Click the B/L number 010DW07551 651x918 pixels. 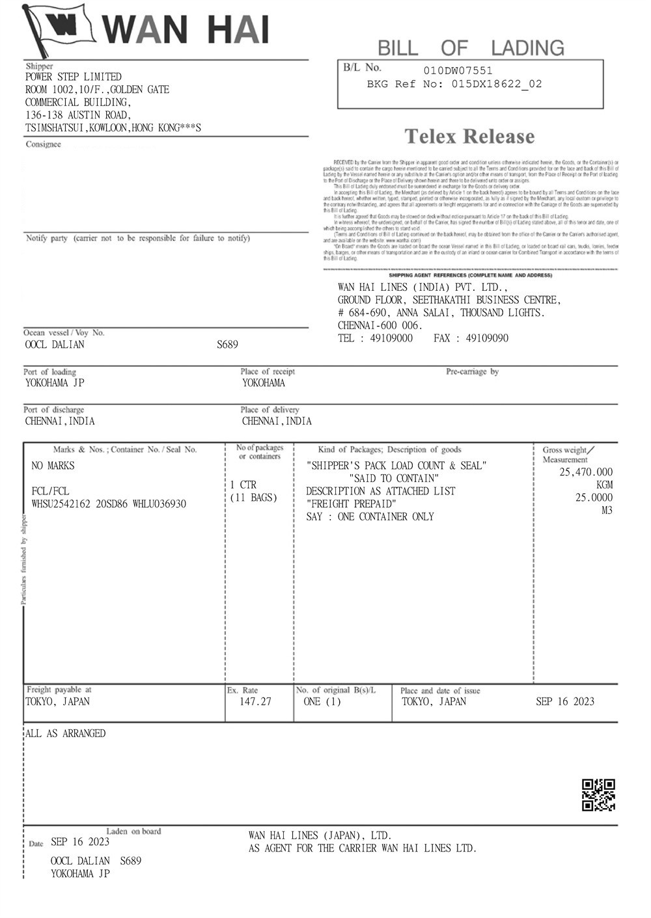click(458, 70)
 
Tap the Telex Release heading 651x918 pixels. click(469, 137)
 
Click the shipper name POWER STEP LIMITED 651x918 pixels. click(73, 77)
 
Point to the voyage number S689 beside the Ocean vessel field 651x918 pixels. click(227, 345)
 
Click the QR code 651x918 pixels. click(598, 794)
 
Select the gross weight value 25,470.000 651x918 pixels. click(586, 472)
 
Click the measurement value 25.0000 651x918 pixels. click(593, 498)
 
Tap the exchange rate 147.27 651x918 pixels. click(255, 701)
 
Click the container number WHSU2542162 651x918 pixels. click(61, 504)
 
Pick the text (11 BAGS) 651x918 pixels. click(254, 498)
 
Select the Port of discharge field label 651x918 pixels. click(54, 410)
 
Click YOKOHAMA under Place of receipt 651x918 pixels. click(264, 383)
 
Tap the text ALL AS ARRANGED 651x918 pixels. click(65, 733)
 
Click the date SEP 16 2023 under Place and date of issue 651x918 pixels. click(564, 701)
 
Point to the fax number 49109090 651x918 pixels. click(488, 338)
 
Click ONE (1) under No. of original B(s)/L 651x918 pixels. click(322, 701)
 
